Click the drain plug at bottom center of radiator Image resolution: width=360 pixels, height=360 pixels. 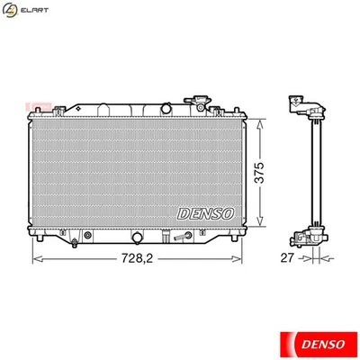(137, 238)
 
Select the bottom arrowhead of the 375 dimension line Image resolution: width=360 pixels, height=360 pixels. (261, 226)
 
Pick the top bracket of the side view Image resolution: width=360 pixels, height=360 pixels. (303, 106)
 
